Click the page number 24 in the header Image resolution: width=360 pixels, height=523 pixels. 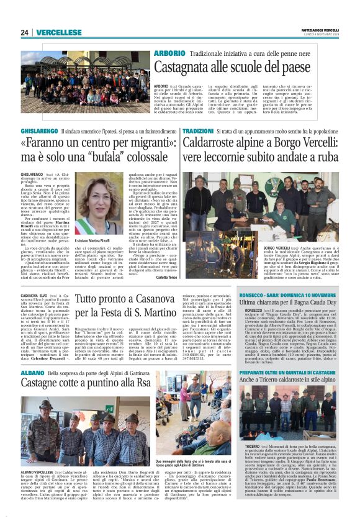click(25, 32)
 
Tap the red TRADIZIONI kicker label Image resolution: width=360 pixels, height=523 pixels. click(197, 132)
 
